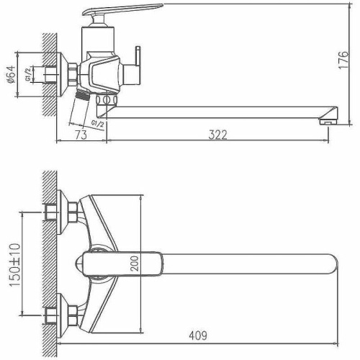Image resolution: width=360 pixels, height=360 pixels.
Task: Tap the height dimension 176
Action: [x=348, y=58]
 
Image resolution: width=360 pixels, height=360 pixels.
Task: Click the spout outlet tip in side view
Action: [x=325, y=117]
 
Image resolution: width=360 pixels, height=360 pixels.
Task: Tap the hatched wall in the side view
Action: [x=50, y=72]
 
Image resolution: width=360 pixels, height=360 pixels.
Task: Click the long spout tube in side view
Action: [x=216, y=111]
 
